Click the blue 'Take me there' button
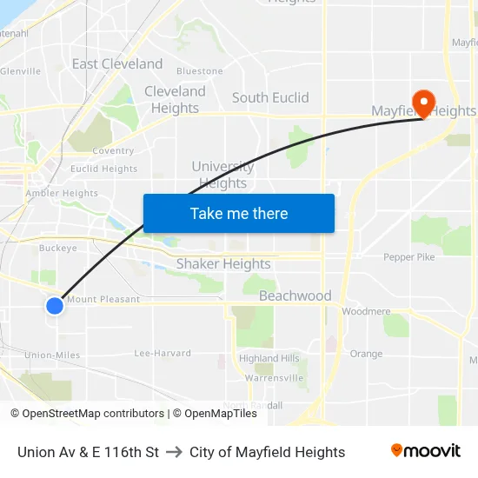[x=239, y=213]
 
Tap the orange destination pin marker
[x=424, y=103]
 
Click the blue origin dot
[x=54, y=306]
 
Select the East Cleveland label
[x=117, y=63]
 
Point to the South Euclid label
[x=270, y=97]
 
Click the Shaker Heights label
[x=223, y=263]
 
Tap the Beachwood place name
[x=295, y=295]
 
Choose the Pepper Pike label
[x=409, y=257]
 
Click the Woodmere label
[x=366, y=311]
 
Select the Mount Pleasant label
[x=103, y=299]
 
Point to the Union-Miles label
[x=52, y=355]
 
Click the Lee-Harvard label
[x=163, y=353]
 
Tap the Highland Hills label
[x=269, y=358]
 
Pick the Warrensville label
[x=274, y=378]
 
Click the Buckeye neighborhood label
[x=58, y=248]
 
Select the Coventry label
[x=113, y=150]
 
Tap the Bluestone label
[x=200, y=71]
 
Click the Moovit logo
[x=426, y=451]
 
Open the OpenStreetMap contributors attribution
[x=93, y=414]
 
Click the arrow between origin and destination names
[x=174, y=452]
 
